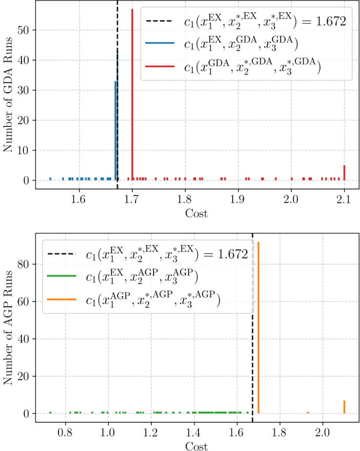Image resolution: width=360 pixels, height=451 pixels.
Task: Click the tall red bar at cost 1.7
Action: coord(132,98)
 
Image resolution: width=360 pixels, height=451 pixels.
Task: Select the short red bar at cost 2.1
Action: coord(344,173)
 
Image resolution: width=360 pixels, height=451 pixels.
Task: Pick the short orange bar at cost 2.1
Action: coord(344,407)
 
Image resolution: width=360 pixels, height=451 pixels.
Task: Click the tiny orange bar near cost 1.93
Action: coord(308,412)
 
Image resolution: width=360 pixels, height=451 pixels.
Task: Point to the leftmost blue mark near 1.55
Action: coord(50,179)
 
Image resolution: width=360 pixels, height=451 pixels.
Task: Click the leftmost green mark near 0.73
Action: coord(50,412)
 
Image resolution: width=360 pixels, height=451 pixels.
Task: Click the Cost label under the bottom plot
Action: coord(197,445)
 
